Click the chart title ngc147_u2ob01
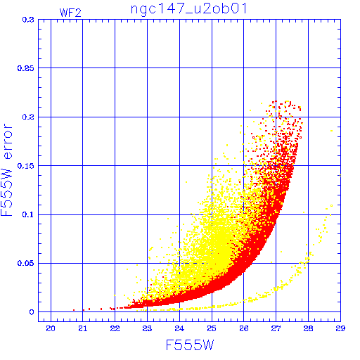coord(189,9)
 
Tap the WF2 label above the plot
coord(70,13)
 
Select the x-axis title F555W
coord(190,345)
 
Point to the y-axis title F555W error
coord(6,169)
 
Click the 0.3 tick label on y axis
coord(28,20)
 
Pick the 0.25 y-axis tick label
coord(26,68)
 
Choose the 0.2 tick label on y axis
coord(28,117)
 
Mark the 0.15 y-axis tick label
coord(26,166)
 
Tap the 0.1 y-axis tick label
coord(28,214)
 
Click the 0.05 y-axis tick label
coord(26,263)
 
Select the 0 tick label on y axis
coord(32,312)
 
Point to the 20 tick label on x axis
coord(51,328)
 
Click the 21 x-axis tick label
coord(83,328)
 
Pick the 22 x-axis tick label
coord(115,328)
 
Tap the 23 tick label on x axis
coord(147,328)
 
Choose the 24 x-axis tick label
coord(179,328)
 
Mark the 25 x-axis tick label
coord(212,328)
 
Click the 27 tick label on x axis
coord(276,328)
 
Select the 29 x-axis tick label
coord(340,328)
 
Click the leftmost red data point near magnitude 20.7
coord(74,310)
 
